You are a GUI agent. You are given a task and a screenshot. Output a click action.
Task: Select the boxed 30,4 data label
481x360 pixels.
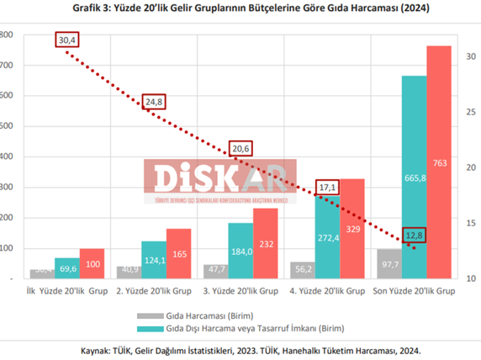66,40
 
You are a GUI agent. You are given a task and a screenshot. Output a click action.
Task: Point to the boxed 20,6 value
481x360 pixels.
241,149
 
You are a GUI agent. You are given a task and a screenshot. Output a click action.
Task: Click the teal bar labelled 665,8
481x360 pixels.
414,177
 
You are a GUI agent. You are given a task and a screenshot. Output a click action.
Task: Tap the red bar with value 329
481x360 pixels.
351,227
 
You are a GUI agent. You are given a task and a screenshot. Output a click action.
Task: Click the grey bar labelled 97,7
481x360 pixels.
389,263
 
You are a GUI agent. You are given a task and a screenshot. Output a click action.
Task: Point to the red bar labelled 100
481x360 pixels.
92,262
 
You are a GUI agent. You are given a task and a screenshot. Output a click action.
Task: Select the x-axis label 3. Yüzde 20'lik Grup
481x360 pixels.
241,289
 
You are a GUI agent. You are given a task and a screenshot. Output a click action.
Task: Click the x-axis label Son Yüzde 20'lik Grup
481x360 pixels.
414,289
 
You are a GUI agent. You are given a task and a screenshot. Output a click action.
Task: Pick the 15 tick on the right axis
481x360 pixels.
469,222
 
